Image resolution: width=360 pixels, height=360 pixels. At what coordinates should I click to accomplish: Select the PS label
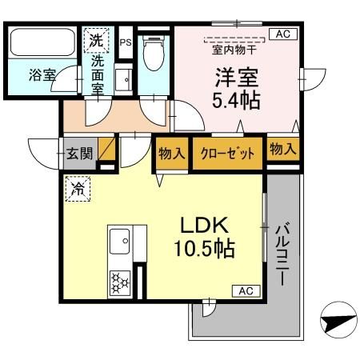[125, 42]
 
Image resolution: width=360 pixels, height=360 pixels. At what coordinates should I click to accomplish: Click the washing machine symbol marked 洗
[95, 39]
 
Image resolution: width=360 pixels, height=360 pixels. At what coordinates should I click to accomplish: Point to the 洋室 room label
[234, 78]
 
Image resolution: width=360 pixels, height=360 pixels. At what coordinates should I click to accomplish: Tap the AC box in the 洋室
[282, 34]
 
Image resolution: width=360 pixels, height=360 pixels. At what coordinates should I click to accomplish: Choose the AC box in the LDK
[246, 292]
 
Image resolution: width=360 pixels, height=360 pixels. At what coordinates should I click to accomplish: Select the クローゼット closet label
[227, 153]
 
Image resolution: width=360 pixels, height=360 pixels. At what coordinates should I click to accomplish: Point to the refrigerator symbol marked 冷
[78, 190]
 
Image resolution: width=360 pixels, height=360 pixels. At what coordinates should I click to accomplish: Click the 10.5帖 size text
[205, 250]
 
